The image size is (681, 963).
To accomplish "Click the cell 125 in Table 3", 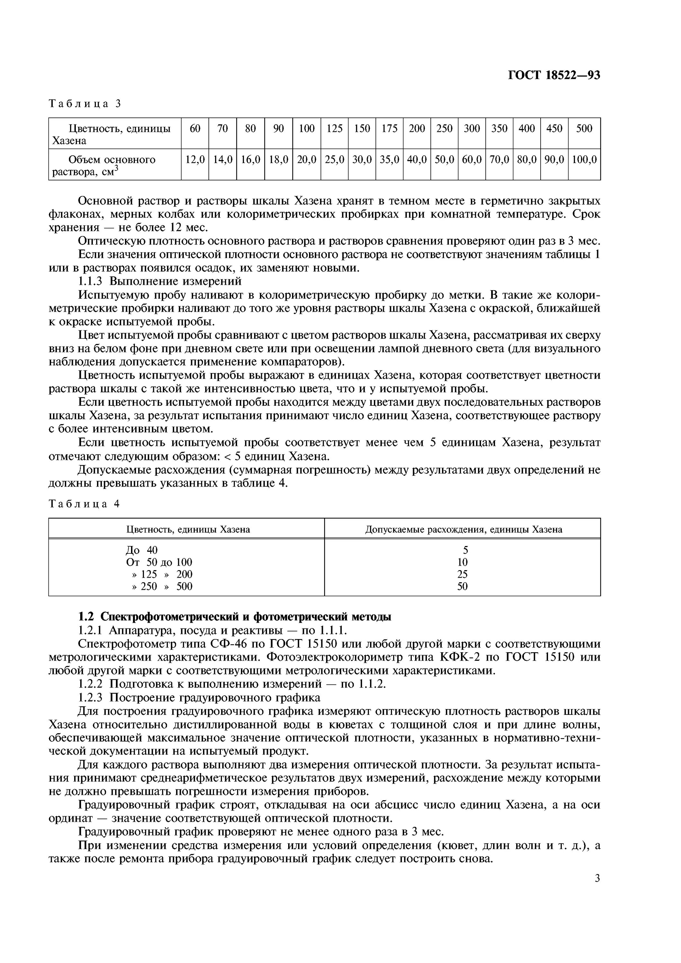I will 334,128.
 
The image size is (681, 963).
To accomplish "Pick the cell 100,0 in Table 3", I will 584,160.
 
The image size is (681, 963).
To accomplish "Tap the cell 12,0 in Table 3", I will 195,160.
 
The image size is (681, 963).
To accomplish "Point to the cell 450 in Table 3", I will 554,128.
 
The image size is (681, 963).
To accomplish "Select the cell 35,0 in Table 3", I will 389,160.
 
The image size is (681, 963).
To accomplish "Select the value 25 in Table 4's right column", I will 462,574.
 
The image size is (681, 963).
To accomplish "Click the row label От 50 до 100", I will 159,562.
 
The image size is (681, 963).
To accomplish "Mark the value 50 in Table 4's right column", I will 462,586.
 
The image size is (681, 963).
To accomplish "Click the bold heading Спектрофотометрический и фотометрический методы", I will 246,617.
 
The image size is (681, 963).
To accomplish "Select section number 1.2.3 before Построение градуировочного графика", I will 92,697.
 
